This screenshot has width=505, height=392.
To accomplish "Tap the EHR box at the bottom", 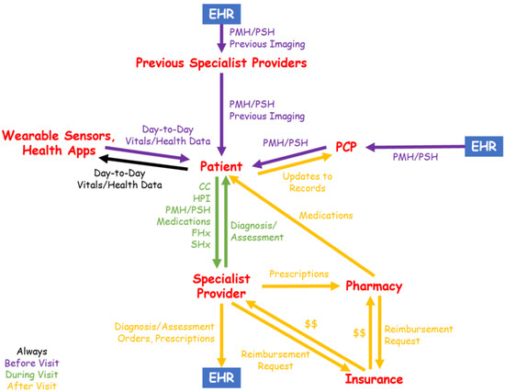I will (223, 376).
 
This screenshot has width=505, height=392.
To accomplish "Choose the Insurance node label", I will (374, 378).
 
